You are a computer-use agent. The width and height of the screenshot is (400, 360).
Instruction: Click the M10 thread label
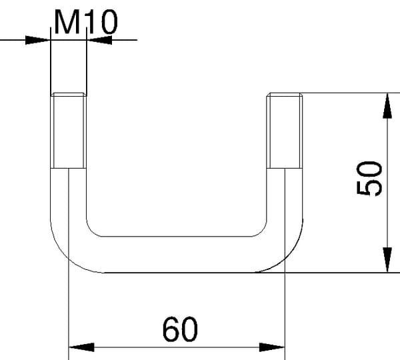tap(86, 22)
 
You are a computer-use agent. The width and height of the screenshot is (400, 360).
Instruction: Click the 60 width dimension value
tap(180, 329)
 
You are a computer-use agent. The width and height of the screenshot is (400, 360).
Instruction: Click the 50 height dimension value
tap(369, 178)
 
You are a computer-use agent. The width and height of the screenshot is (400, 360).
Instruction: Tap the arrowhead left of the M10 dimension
tap(37, 40)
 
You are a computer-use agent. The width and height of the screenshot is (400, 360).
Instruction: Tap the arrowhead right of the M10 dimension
tap(99, 40)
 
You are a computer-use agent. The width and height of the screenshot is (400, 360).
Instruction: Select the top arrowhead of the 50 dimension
tap(387, 105)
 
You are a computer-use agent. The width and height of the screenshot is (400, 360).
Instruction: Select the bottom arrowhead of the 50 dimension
tap(387, 260)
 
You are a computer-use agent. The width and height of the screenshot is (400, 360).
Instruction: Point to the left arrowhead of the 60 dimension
tap(81, 347)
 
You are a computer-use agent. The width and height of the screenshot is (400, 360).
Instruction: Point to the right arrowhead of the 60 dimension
tap(272, 347)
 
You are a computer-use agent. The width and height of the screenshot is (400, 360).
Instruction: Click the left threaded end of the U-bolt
tap(69, 131)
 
